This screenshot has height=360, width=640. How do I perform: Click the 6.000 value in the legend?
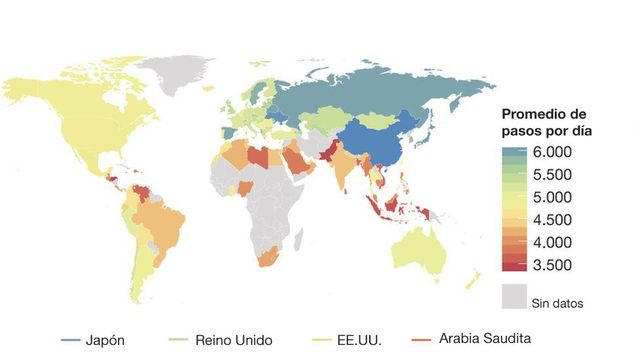(x=552, y=152)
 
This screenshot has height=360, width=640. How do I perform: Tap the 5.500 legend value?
(x=552, y=174)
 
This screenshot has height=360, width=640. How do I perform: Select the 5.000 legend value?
(x=552, y=197)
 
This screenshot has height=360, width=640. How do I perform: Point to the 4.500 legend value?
(x=552, y=220)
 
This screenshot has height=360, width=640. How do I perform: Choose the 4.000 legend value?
(x=552, y=242)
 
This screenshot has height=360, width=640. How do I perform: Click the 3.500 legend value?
(x=552, y=265)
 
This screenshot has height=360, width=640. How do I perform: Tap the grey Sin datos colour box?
(x=514, y=295)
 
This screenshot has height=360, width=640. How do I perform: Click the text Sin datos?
(x=558, y=302)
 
